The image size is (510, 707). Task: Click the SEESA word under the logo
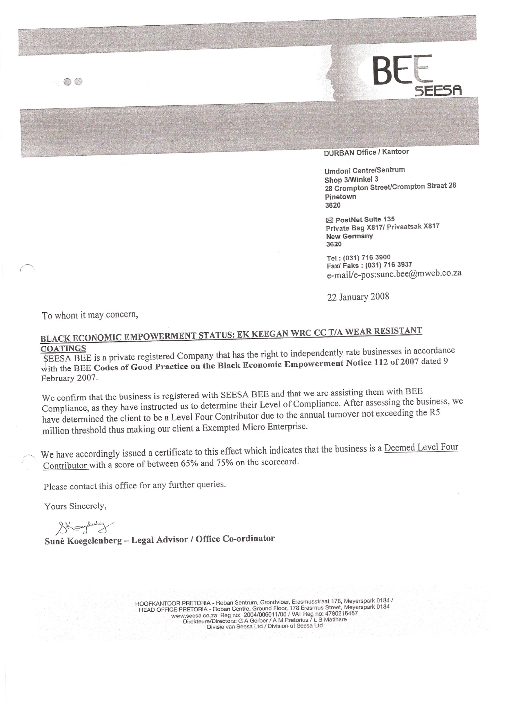click(438, 91)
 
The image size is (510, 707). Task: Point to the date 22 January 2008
click(358, 297)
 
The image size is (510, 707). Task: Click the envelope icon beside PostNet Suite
click(330, 220)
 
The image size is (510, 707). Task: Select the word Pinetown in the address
click(340, 197)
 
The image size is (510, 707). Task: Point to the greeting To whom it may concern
click(90, 315)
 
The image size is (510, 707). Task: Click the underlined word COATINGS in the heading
click(63, 348)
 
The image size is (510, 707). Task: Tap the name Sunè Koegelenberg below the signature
click(83, 541)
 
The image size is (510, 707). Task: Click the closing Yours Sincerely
click(75, 506)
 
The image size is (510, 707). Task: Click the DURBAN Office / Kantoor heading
click(366, 152)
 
